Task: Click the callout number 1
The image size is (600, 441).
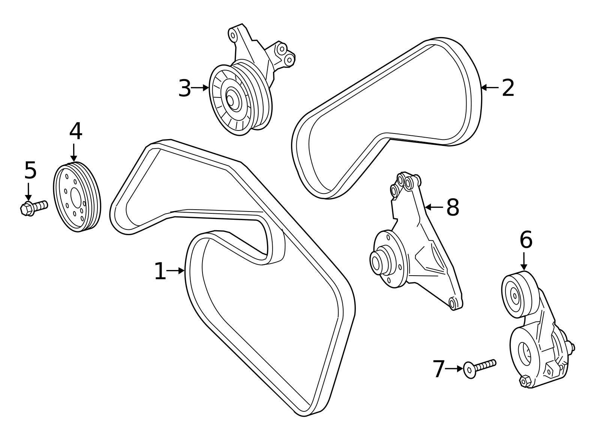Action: coord(160,271)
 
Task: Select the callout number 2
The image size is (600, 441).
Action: coord(508,88)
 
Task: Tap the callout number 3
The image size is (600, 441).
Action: coord(184,88)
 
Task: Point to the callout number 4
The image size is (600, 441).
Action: coord(75,131)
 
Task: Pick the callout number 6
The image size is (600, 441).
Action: coord(526,240)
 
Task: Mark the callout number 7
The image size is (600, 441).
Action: coord(438,369)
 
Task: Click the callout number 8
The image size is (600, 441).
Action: coord(453,207)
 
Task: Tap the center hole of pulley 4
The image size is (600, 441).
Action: coord(75,197)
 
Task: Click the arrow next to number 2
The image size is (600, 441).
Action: coord(490,88)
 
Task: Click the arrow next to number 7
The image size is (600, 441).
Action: coord(454,369)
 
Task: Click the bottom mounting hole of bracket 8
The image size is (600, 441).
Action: coord(453,303)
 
